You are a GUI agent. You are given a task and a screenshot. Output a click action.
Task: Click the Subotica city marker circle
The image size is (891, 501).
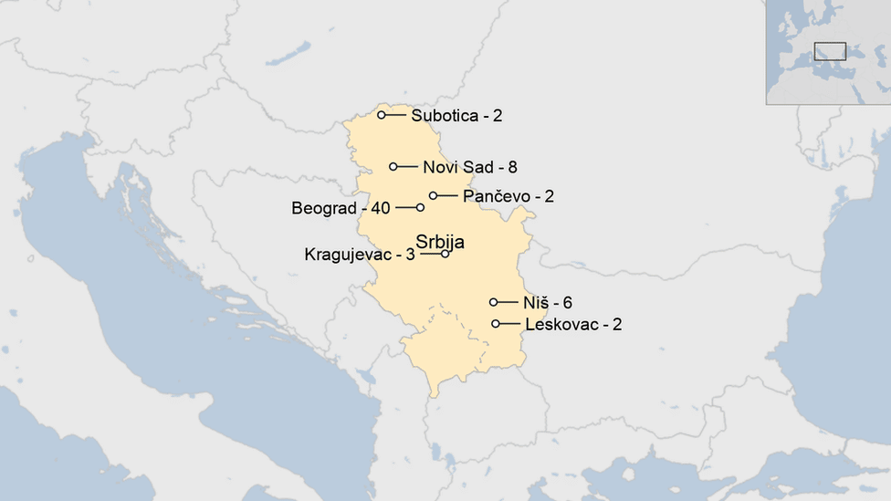pos(382,115)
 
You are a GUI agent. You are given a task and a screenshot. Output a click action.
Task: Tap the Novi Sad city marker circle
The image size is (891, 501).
pos(393,166)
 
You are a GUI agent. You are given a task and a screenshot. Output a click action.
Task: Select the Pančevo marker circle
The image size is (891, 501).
pos(434,195)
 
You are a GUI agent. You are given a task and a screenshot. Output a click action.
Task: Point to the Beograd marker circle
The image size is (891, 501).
pos(420,207)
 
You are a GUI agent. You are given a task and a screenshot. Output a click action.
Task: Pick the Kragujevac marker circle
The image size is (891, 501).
pos(445,254)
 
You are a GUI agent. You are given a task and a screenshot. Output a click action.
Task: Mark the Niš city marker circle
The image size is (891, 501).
pos(494,302)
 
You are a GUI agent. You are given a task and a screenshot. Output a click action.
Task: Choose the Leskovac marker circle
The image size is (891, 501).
pos(496,323)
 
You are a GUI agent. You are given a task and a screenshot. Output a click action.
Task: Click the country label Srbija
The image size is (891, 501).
pos(440,242)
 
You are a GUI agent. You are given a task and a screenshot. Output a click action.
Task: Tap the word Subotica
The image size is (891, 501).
pos(444,116)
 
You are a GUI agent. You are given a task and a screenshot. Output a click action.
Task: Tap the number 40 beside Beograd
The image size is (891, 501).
pos(380,208)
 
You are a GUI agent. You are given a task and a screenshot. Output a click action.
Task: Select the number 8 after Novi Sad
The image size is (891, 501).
pos(513,167)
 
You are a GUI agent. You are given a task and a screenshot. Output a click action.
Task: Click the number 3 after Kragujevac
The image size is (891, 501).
pos(411,255)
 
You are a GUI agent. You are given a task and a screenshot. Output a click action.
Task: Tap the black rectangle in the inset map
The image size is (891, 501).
pos(830,51)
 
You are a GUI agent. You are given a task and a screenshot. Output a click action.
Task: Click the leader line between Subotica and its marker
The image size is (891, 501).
pos(395,115)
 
